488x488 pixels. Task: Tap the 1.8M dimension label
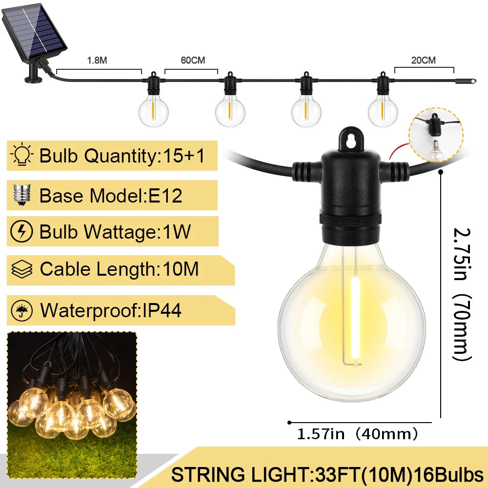click(x=97, y=61)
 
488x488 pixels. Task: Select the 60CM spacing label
click(x=193, y=61)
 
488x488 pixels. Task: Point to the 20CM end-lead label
click(x=423, y=61)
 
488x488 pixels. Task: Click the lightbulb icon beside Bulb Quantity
click(x=21, y=154)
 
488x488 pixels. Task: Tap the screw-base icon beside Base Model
click(x=21, y=195)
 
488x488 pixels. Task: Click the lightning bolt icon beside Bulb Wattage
click(x=21, y=231)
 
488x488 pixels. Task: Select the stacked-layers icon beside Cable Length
click(x=22, y=269)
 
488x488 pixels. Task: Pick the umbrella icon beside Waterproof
click(x=22, y=310)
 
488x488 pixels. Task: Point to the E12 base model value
click(x=165, y=196)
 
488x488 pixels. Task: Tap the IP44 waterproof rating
click(x=162, y=310)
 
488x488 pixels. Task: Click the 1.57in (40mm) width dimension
click(x=357, y=434)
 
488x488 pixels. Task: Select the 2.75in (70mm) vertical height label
click(x=462, y=294)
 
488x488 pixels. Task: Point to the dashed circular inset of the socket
click(x=436, y=135)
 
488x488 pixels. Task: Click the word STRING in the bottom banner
click(x=208, y=475)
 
